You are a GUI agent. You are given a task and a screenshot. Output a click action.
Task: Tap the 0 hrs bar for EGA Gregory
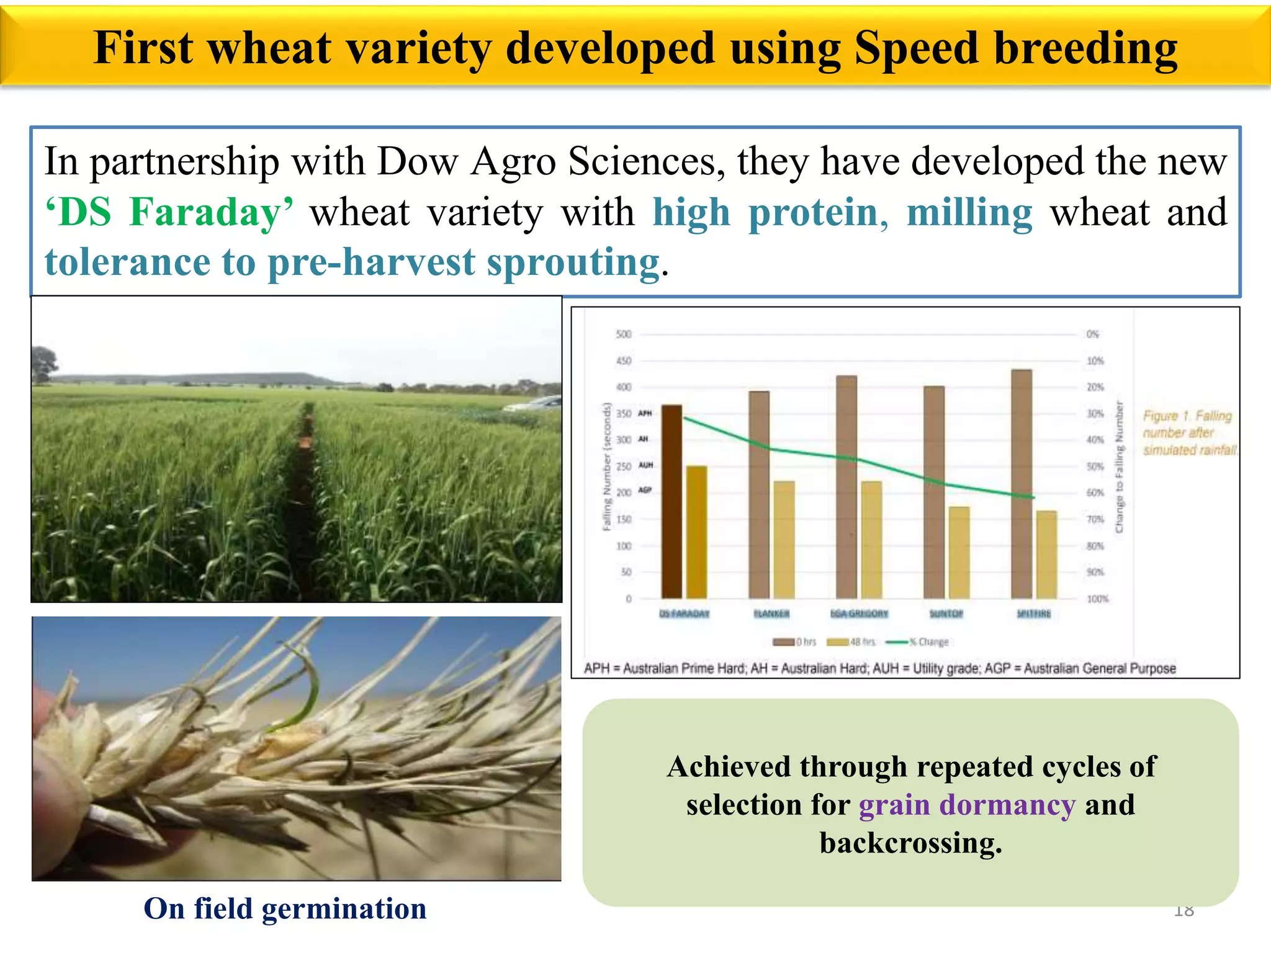[847, 486]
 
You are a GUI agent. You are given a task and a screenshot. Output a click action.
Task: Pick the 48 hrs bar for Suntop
[959, 552]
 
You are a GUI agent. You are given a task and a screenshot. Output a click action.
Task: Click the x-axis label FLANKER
[771, 614]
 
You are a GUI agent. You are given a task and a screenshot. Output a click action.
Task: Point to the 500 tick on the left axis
[623, 334]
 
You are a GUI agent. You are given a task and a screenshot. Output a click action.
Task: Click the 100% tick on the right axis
[1097, 599]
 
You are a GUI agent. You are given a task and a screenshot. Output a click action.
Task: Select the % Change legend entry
[918, 642]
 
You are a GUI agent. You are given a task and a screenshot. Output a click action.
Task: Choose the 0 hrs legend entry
[794, 642]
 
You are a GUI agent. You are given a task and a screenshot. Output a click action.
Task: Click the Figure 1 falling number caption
[1188, 432]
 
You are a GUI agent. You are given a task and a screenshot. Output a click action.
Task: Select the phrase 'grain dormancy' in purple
[966, 805]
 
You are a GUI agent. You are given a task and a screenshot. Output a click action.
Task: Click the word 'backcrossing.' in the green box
[910, 843]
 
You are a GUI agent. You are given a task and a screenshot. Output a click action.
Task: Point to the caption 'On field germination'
[285, 909]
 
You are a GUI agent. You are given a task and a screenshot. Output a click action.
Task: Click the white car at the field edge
[534, 404]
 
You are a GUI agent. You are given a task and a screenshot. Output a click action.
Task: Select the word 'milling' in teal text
[969, 212]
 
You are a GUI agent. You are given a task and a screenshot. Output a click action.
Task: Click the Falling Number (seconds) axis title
[607, 467]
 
